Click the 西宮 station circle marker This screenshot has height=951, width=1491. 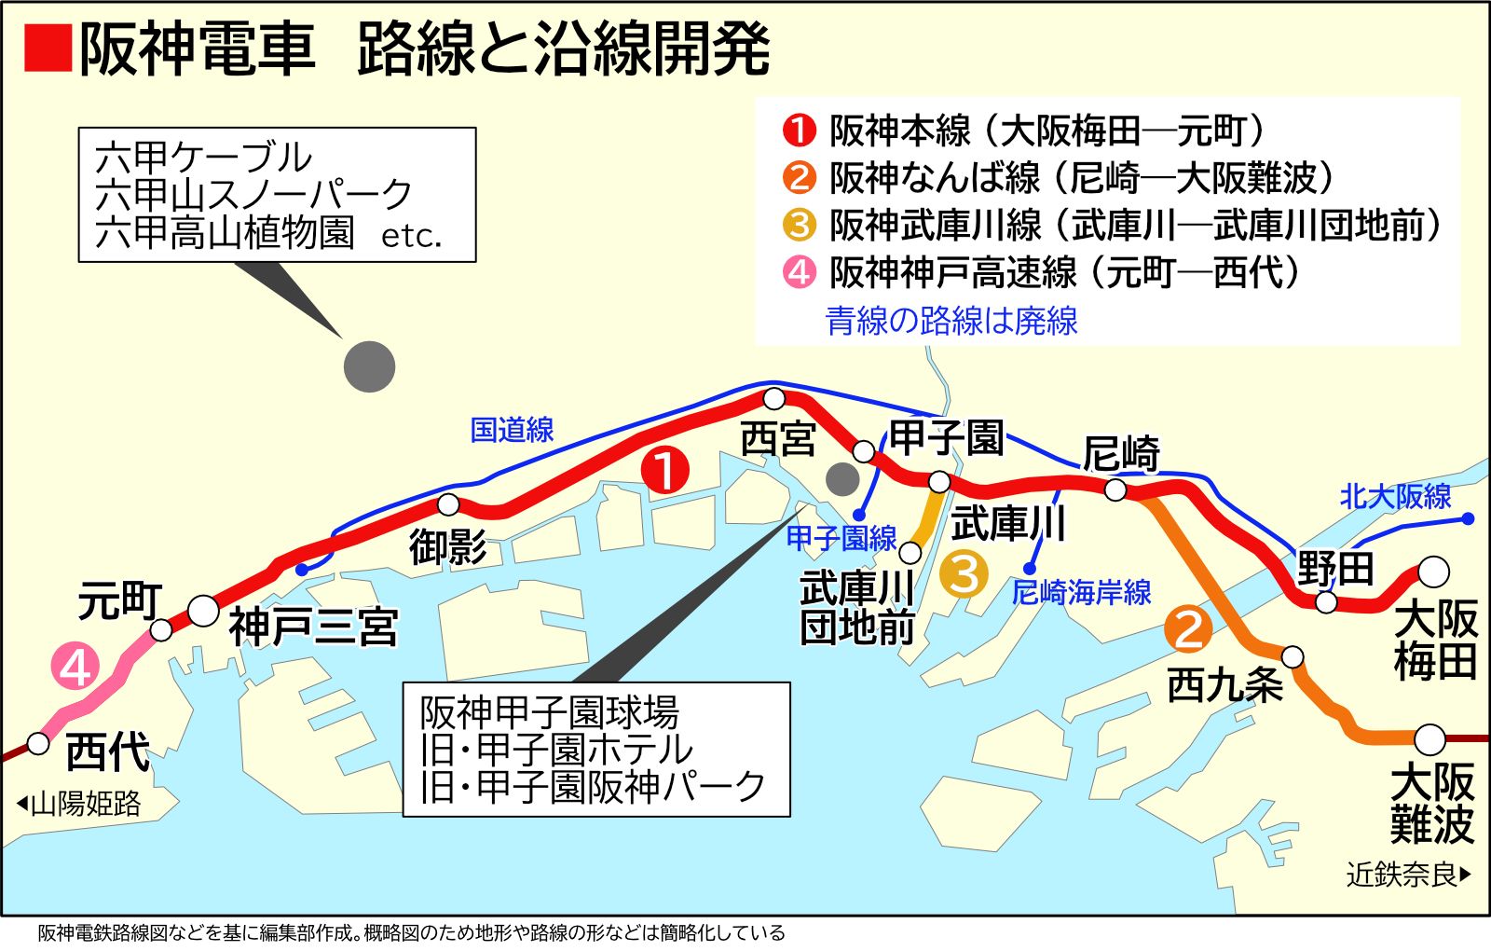click(773, 399)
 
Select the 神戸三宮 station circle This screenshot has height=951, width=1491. click(203, 612)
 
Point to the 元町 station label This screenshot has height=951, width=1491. click(119, 601)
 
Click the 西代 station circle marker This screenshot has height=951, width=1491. click(38, 743)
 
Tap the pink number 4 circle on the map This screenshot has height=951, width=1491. click(76, 668)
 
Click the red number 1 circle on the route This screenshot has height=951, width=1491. click(665, 471)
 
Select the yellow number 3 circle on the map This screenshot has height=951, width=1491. click(964, 573)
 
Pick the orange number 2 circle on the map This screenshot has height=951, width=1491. click(1189, 628)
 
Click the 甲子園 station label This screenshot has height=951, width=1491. click(946, 437)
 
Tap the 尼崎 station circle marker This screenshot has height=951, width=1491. click(1115, 489)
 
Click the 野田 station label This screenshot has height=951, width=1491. click(1335, 568)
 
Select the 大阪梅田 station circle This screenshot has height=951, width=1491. click(1433, 571)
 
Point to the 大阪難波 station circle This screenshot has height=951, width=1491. click(1429, 739)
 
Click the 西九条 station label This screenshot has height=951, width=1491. click(1224, 686)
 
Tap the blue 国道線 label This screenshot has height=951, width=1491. click(512, 430)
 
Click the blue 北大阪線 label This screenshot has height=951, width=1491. click(1395, 496)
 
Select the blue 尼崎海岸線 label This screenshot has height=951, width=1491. click(1081, 592)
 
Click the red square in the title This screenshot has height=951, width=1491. click(48, 48)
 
